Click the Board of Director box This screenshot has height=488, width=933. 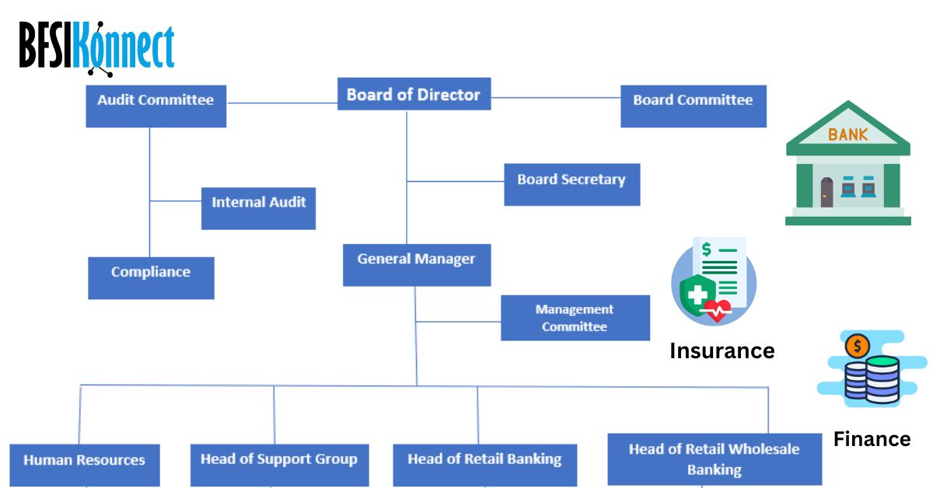click(414, 94)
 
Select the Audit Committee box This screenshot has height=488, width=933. click(155, 106)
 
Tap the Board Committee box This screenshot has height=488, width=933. click(693, 106)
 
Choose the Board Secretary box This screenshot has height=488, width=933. click(571, 184)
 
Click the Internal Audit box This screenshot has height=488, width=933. click(258, 207)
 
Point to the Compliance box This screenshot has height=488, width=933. click(151, 277)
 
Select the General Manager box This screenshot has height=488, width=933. click(417, 264)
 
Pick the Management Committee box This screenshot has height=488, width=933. click(575, 318)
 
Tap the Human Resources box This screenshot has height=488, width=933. click(84, 465)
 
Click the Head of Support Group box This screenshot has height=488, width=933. click(279, 465)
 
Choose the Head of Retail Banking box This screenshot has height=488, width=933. click(484, 465)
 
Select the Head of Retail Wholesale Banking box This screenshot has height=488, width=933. click(714, 459)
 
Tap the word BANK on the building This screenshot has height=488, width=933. click(847, 134)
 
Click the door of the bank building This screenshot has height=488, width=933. click(826, 192)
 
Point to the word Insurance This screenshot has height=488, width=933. click(722, 351)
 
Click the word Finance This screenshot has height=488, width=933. click(872, 439)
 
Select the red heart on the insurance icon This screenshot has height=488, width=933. click(716, 310)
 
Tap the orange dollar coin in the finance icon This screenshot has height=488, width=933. click(856, 346)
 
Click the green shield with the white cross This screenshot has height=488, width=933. click(697, 297)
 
